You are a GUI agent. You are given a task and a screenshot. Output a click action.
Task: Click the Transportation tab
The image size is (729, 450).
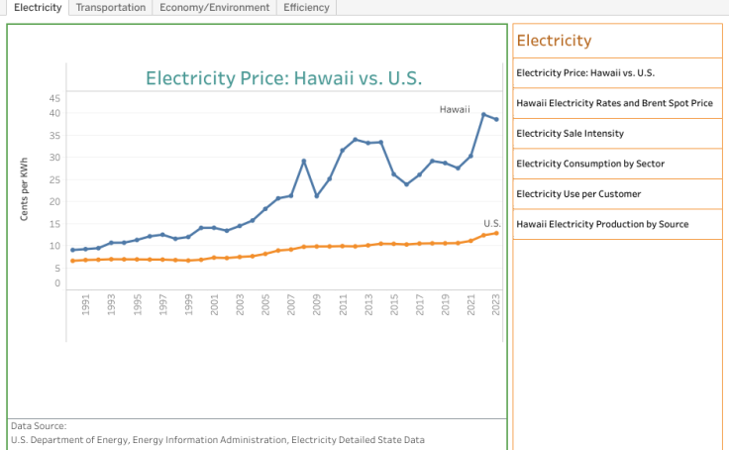point(111,7)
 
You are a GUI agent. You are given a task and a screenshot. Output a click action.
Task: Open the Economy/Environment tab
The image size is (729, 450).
point(215,7)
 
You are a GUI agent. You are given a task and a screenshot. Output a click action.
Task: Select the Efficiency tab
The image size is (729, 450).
point(306,7)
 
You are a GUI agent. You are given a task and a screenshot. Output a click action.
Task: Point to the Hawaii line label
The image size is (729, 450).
point(455,109)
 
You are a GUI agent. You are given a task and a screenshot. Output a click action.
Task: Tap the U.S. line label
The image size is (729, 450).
point(492,223)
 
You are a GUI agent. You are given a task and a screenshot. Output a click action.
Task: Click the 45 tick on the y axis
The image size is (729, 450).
point(54,98)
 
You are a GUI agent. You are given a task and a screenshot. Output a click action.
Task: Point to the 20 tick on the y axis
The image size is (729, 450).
point(54,201)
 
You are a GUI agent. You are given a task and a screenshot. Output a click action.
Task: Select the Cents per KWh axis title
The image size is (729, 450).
point(25,187)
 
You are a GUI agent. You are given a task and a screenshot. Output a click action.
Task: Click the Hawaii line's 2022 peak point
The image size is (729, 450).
point(483,114)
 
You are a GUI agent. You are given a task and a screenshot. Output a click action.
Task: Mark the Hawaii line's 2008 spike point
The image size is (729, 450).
point(304,161)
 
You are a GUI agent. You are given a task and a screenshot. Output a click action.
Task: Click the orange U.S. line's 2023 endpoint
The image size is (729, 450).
point(496,233)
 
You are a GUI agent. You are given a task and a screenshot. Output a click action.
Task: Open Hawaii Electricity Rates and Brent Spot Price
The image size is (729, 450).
point(614,103)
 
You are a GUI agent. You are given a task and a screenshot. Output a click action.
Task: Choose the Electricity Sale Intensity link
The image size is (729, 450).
point(570,133)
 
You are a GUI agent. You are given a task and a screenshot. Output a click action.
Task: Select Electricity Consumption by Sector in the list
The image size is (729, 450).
point(590,164)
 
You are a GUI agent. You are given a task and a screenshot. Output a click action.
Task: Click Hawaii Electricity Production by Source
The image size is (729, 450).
point(602,224)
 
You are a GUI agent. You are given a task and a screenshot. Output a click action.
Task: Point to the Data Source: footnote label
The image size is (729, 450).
point(39,425)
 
